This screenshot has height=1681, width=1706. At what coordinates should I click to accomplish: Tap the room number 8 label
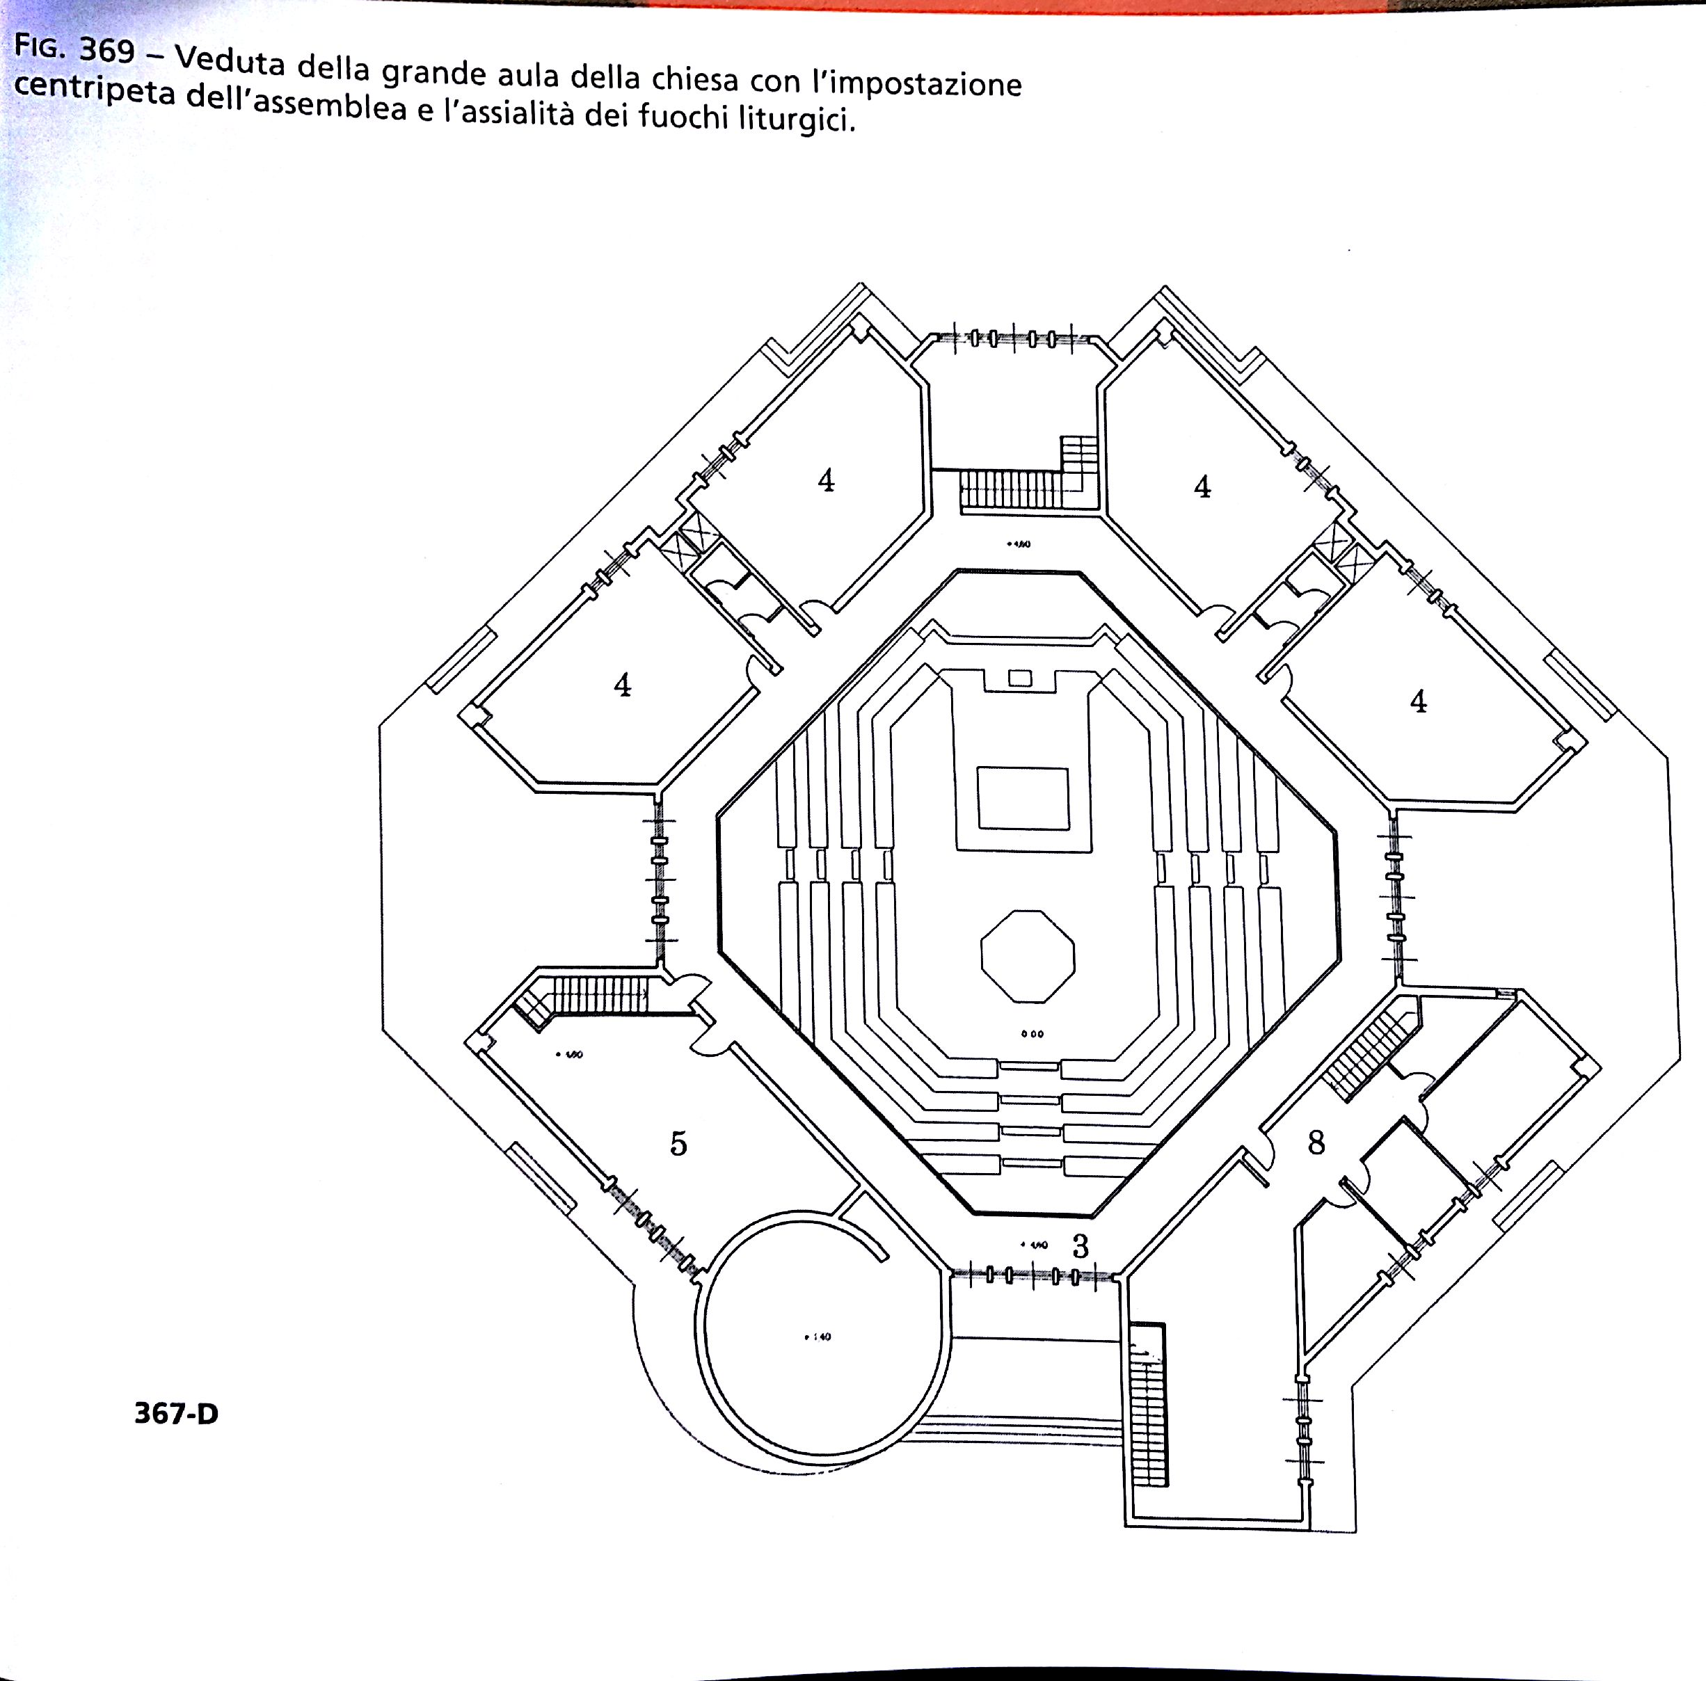(x=1316, y=1142)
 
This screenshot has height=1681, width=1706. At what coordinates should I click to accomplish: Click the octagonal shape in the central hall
(x=1028, y=956)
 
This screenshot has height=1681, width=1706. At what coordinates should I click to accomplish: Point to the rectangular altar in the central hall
(x=1023, y=799)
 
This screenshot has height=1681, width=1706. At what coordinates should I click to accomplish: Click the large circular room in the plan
(x=819, y=1337)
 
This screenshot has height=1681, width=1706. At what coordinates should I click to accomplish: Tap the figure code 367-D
(x=176, y=1414)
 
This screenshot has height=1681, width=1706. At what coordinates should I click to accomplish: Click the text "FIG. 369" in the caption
(x=74, y=49)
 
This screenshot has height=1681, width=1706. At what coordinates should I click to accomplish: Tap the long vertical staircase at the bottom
(x=1148, y=1404)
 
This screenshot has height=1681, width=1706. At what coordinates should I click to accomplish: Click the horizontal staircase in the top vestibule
(x=1010, y=488)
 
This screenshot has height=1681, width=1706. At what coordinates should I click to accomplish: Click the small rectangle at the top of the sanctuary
(x=1020, y=678)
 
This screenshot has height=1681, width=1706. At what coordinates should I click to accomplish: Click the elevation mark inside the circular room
(x=818, y=1337)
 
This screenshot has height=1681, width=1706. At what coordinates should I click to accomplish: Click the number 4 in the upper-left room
(x=826, y=480)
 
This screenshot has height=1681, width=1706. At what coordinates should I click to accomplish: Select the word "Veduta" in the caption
(x=229, y=60)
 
